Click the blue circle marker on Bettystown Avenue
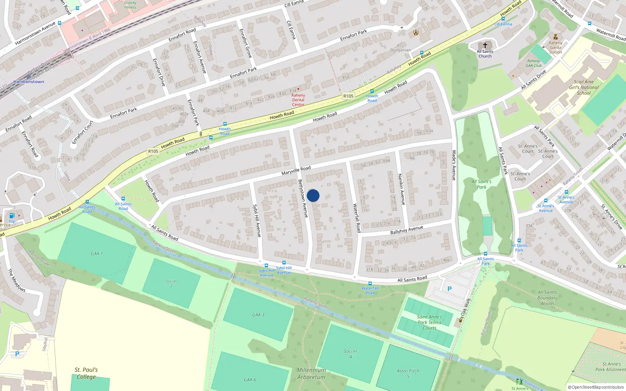pos(313,195)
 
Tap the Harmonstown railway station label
pos(29,82)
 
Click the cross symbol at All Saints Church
pos(485,45)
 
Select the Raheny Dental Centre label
pos(298,100)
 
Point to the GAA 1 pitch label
pos(97,253)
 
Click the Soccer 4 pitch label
pos(350,354)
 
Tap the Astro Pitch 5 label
pos(408,373)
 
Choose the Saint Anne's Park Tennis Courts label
pos(429,323)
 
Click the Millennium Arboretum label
pos(311,373)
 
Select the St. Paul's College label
pos(86,373)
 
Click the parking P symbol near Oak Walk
pos(450,289)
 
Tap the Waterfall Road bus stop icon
pos(370,283)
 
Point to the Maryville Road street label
pos(296,170)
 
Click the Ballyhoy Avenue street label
pos(407,230)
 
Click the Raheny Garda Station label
pos(555,47)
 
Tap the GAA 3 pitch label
pos(258,315)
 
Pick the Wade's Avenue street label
pos(454,165)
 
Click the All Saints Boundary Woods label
pos(547,298)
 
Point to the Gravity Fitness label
pos(130,5)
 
